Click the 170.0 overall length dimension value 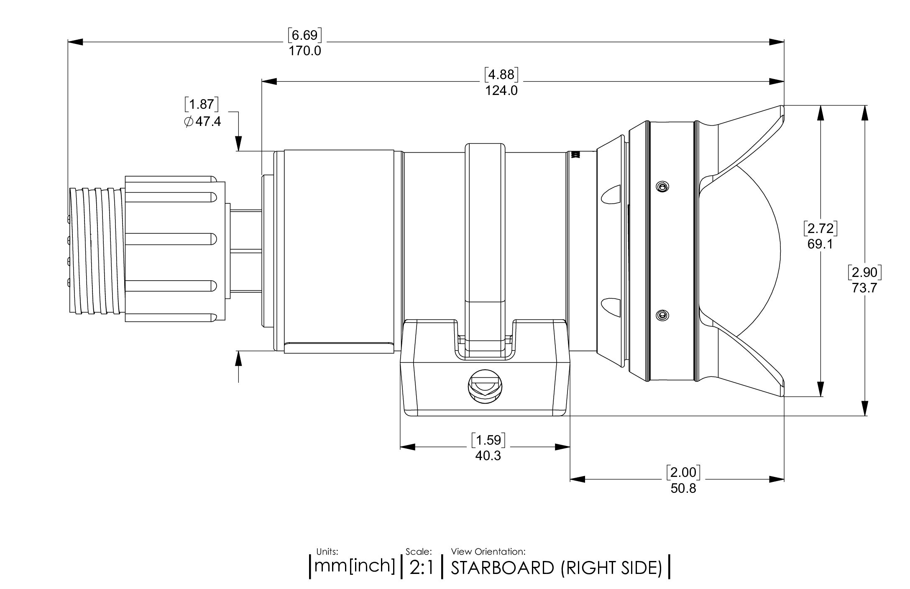tap(305, 51)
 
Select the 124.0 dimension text tap(501, 90)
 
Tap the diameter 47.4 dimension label tap(202, 122)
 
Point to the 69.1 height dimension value tap(820, 244)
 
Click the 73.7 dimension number tap(864, 288)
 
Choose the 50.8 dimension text tap(683, 488)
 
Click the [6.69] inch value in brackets tap(305, 35)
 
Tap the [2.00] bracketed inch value tap(683, 472)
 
